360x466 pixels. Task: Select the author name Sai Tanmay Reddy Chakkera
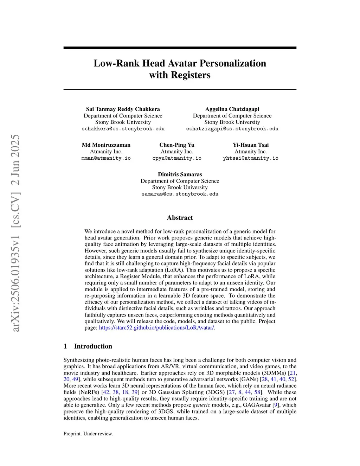123,109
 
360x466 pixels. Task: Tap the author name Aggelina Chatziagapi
232,109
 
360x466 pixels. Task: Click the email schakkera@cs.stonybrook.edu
123,129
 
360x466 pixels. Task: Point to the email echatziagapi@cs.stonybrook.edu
232,129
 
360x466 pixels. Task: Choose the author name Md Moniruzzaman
106,145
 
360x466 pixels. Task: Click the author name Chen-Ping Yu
177,145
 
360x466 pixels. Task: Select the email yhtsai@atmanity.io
251,158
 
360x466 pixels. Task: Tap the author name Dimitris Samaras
180,174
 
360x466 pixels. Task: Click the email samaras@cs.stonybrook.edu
180,194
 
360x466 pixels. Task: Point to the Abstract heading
180,218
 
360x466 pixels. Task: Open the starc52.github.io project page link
156,328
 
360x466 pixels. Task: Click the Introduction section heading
93,346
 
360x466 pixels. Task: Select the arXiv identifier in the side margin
16,233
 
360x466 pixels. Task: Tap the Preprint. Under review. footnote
88,434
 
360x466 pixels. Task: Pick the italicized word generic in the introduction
201,405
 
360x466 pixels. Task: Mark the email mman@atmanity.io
106,158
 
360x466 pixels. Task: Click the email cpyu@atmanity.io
177,158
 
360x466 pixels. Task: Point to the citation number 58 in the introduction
257,392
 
